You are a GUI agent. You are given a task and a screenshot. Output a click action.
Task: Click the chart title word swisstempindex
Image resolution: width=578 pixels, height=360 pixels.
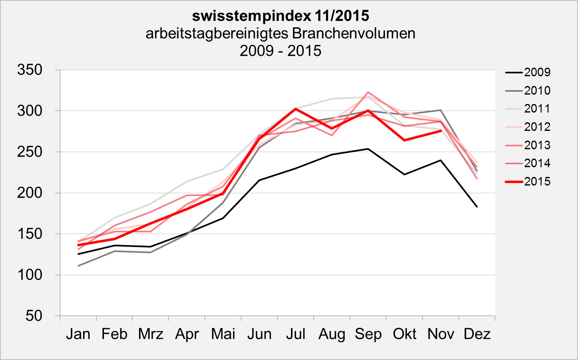click(251, 16)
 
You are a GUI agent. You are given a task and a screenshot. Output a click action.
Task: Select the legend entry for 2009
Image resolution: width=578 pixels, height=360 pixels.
click(537, 72)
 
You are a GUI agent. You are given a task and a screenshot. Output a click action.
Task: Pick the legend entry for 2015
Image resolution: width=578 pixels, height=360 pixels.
click(537, 181)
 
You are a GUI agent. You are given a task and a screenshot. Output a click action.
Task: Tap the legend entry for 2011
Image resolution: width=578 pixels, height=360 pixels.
click(537, 108)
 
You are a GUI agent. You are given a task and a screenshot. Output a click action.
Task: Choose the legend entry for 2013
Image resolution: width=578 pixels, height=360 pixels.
click(537, 145)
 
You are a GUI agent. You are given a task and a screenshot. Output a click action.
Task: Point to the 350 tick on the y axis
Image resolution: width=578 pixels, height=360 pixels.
click(30, 70)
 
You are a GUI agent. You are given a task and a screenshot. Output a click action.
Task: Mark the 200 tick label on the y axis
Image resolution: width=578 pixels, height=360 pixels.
click(30, 193)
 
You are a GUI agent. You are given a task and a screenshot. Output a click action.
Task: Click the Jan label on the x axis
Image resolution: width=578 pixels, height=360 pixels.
click(78, 334)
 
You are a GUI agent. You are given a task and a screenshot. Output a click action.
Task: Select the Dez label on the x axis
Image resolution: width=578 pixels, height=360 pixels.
click(477, 334)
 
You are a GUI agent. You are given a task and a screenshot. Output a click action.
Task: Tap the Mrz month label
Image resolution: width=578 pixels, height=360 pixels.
click(150, 334)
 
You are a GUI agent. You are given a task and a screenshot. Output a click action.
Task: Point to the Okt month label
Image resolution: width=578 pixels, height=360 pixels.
click(404, 334)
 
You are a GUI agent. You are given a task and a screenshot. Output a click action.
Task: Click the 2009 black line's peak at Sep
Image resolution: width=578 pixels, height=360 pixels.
click(368, 149)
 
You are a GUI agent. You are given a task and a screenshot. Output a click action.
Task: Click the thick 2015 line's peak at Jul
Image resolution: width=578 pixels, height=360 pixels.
click(296, 109)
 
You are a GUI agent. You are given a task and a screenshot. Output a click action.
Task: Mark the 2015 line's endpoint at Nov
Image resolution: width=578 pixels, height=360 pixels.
click(441, 130)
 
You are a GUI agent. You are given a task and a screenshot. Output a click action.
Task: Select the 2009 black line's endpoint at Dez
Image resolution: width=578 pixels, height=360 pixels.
click(477, 207)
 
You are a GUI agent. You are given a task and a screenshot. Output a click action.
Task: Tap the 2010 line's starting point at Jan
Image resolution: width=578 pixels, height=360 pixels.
click(78, 266)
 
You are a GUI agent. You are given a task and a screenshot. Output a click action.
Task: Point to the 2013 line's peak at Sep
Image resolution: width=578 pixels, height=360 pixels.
click(368, 92)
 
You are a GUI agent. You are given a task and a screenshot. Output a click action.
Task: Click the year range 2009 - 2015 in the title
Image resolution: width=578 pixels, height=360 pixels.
click(280, 51)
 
